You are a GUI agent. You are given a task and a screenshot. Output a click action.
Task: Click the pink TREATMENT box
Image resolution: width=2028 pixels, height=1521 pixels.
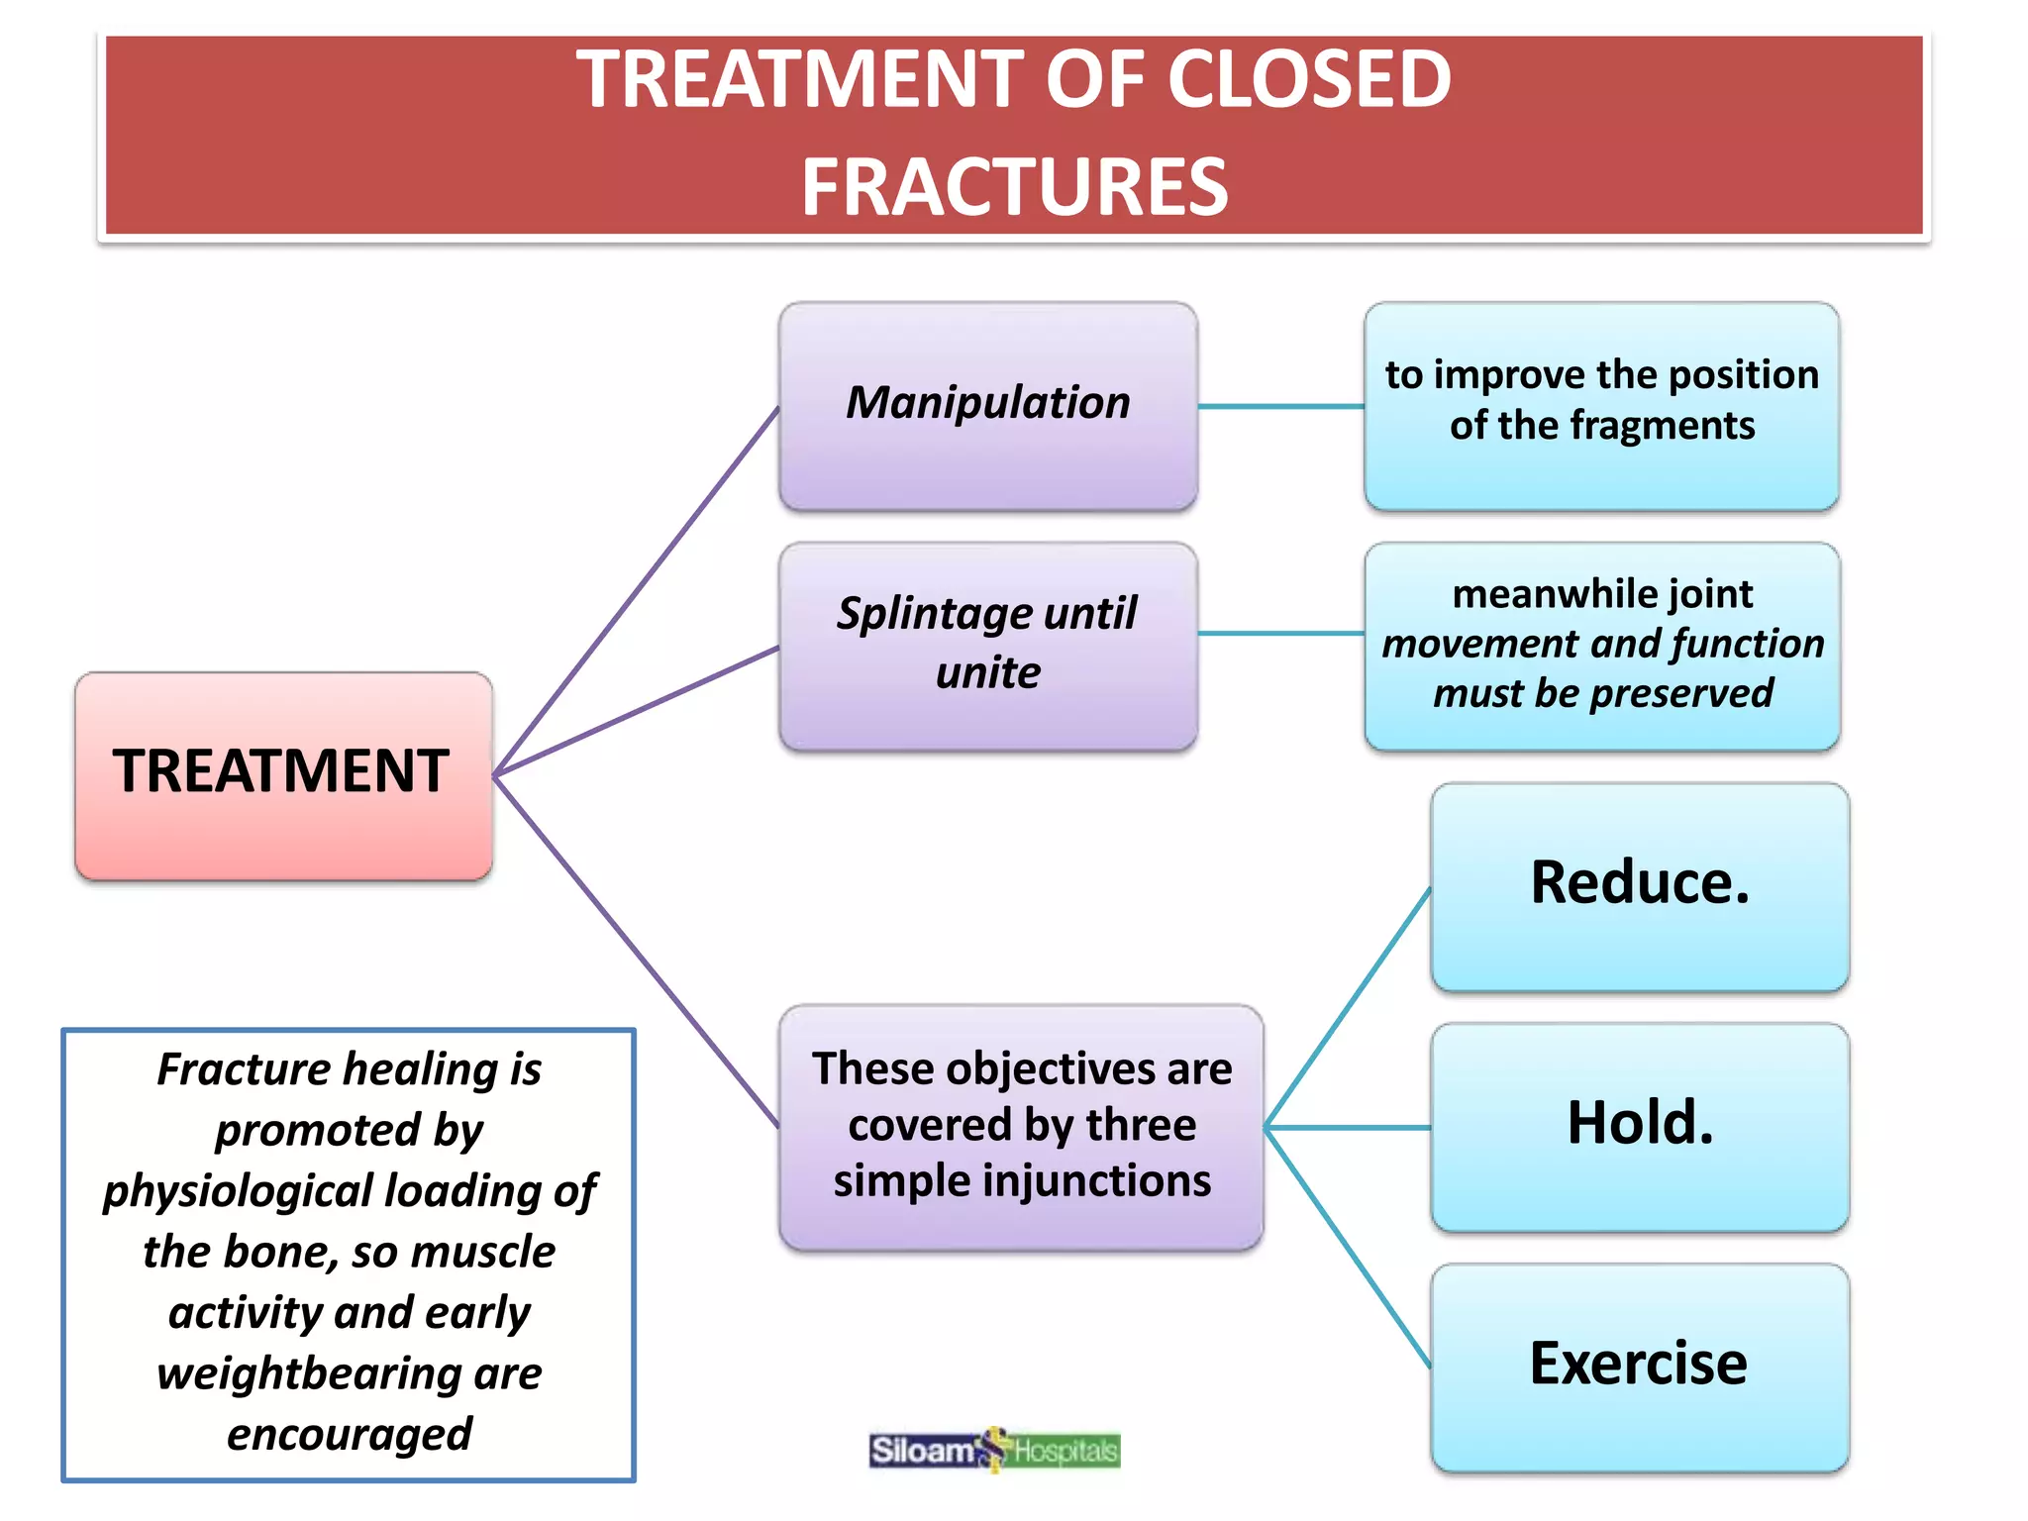click(283, 775)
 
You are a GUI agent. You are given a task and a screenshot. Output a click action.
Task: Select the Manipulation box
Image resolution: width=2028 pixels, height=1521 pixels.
click(987, 406)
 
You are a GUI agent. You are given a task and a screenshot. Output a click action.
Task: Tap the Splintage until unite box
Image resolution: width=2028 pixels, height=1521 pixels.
click(987, 646)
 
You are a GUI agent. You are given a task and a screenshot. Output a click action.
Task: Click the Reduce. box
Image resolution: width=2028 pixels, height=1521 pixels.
click(1639, 886)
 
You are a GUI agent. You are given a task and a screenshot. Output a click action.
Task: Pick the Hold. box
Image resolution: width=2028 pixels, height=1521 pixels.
click(1639, 1127)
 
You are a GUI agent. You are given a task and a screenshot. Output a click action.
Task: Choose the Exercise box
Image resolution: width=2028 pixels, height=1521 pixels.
click(1639, 1367)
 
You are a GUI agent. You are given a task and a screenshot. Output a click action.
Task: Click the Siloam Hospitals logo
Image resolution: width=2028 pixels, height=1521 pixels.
click(994, 1451)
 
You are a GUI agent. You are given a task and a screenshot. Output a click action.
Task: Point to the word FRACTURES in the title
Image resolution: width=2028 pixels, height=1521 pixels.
click(1014, 187)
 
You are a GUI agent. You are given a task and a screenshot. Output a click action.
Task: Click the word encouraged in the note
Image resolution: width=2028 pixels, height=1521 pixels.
click(349, 1435)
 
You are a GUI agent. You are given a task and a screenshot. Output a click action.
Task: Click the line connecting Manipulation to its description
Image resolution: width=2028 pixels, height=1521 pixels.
click(1280, 406)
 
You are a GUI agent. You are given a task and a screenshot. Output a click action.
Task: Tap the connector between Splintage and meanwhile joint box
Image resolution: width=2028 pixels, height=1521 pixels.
click(1280, 634)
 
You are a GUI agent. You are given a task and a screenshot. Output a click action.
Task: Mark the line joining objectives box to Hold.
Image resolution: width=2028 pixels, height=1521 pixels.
click(1347, 1127)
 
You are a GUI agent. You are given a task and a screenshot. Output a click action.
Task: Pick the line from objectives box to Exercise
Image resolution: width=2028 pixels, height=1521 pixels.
click(1347, 1248)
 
